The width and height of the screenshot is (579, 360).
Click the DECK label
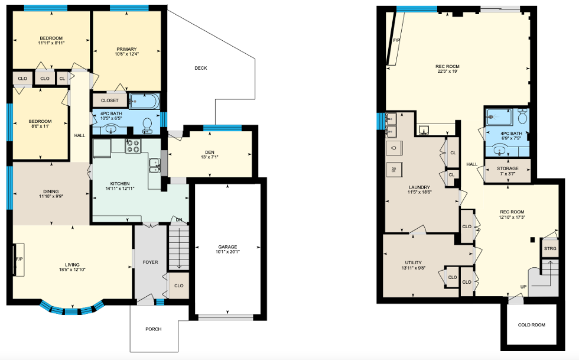click(201, 68)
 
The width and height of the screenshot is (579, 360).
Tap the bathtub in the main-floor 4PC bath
click(144, 101)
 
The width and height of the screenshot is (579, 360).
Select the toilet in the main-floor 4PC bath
click(147, 126)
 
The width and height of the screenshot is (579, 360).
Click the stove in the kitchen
click(133, 146)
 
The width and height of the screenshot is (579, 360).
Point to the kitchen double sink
click(154, 165)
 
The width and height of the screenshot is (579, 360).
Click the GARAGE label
click(227, 247)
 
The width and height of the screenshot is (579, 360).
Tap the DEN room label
click(210, 153)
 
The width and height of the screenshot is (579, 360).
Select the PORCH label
click(154, 329)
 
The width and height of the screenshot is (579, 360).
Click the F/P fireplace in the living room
click(18, 259)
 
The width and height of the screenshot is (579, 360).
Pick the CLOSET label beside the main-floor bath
click(110, 100)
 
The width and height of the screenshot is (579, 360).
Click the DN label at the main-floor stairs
click(179, 220)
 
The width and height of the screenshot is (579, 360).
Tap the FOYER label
click(150, 262)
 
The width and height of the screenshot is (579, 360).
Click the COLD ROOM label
click(531, 325)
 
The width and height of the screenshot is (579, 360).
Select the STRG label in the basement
click(550, 248)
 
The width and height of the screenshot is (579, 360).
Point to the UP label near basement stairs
click(523, 287)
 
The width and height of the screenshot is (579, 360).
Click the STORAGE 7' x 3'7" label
click(508, 171)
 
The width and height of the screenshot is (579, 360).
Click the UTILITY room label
click(413, 263)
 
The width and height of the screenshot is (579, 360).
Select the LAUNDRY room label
click(419, 187)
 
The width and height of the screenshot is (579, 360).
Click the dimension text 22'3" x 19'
click(448, 72)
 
